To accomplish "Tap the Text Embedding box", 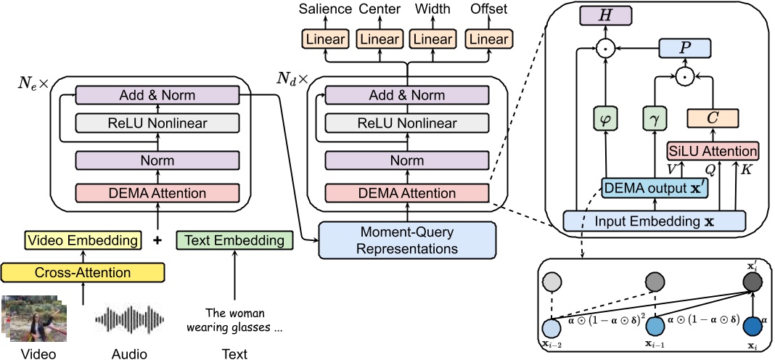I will [x=234, y=240].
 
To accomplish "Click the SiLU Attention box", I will [x=713, y=151].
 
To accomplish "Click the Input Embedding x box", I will [x=655, y=220].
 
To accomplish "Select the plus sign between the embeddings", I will [x=156, y=240].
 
